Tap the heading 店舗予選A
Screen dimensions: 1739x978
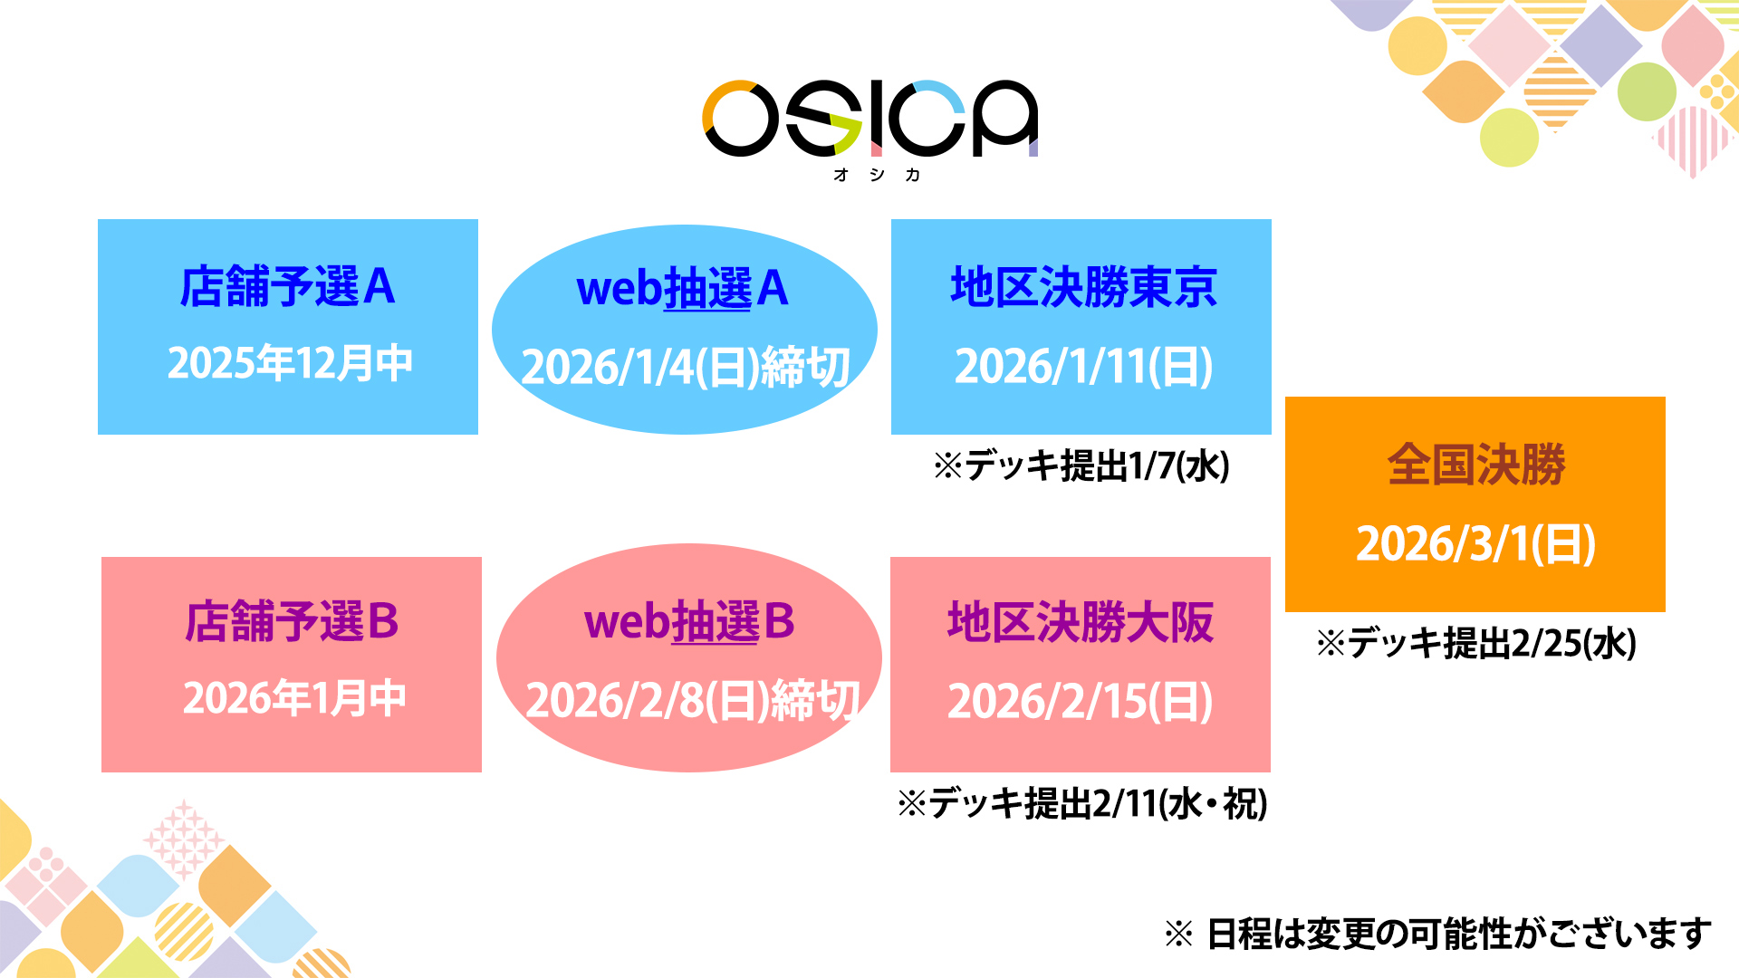click(x=288, y=287)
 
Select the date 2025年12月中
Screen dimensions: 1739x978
click(x=290, y=363)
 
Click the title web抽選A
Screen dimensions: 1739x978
click(x=683, y=289)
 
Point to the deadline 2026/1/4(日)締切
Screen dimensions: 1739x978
click(x=686, y=367)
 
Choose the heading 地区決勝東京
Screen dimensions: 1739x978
click(x=1083, y=287)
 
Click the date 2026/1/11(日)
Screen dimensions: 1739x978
click(x=1083, y=367)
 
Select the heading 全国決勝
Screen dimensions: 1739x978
click(x=1476, y=465)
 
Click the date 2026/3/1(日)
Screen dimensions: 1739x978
click(x=1475, y=543)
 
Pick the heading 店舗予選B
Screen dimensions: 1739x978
click(x=292, y=622)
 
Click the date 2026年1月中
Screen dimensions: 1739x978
click(x=294, y=698)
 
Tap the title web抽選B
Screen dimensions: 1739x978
click(x=689, y=622)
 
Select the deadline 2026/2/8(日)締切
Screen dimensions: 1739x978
click(x=693, y=701)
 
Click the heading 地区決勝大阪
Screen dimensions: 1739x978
click(x=1081, y=622)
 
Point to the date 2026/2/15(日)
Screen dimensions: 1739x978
click(x=1081, y=702)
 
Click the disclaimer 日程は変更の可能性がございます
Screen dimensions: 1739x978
click(x=1459, y=934)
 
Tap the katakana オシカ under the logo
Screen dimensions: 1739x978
click(x=877, y=175)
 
